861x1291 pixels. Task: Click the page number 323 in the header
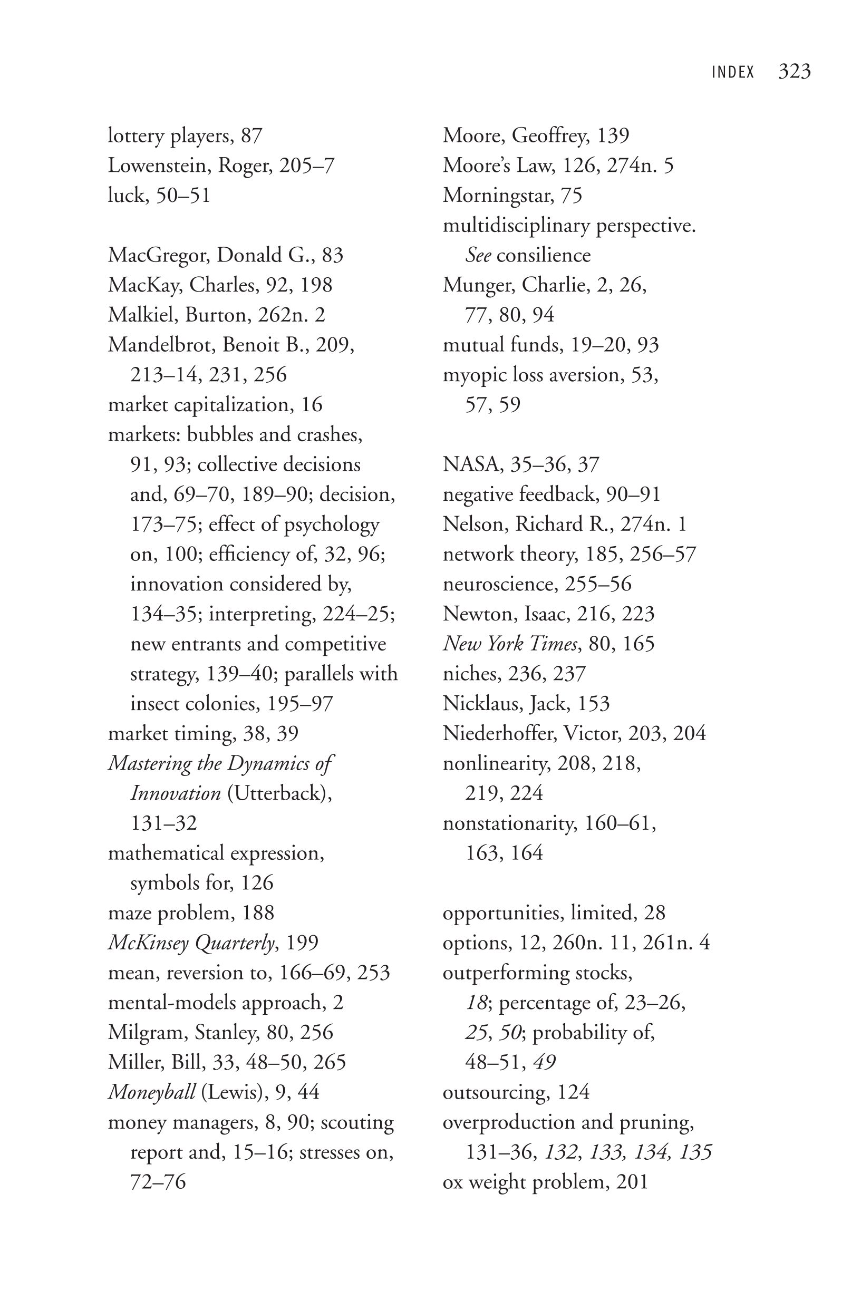click(794, 71)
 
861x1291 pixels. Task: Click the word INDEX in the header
click(732, 72)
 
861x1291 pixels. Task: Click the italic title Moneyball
click(151, 1092)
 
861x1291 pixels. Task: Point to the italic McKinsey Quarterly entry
click(190, 943)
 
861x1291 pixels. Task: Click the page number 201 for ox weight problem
click(632, 1182)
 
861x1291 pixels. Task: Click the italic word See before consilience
click(478, 255)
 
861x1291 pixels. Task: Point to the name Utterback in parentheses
click(277, 793)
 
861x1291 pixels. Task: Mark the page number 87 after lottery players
click(251, 135)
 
